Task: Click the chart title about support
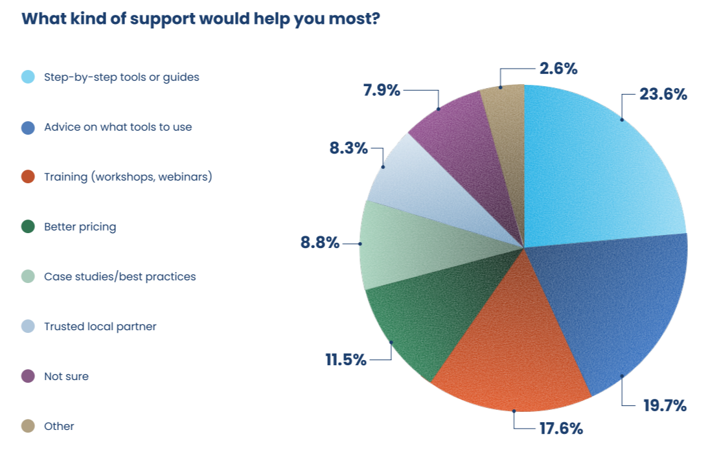coord(200,18)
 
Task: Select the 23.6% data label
coord(663,95)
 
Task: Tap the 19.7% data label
coord(664,405)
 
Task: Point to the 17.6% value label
coord(560,428)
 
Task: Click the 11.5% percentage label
coord(346,359)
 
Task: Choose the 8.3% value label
coord(349,148)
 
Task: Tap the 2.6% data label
coord(558,68)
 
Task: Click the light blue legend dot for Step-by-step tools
coord(28,77)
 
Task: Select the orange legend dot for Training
coord(28,177)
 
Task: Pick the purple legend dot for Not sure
coord(28,376)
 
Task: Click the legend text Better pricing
coord(80,227)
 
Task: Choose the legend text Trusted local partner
coord(100,326)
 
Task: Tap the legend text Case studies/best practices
coord(120,277)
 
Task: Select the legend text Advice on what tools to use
coord(118,127)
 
